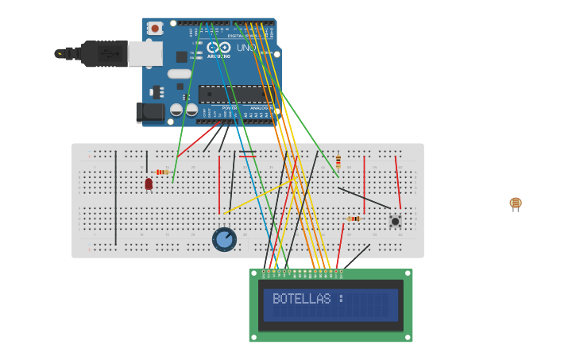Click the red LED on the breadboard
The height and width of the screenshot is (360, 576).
point(149,184)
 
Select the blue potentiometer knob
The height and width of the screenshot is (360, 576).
point(224,239)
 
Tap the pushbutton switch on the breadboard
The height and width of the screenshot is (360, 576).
point(395,220)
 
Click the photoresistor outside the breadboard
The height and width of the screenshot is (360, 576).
point(516,203)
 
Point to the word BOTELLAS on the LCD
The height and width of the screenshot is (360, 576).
point(301,299)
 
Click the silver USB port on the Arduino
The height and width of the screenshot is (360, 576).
point(145,53)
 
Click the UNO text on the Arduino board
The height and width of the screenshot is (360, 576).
point(246,48)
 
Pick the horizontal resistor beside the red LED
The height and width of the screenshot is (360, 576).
point(162,172)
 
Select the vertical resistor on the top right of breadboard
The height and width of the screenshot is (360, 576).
point(338,161)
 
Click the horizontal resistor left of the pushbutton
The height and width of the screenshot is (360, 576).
point(354,219)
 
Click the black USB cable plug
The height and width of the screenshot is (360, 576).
point(103,53)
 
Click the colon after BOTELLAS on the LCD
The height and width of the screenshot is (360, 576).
point(340,299)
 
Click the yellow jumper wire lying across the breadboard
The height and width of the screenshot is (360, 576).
point(258,196)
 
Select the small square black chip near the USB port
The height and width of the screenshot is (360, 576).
point(182,56)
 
